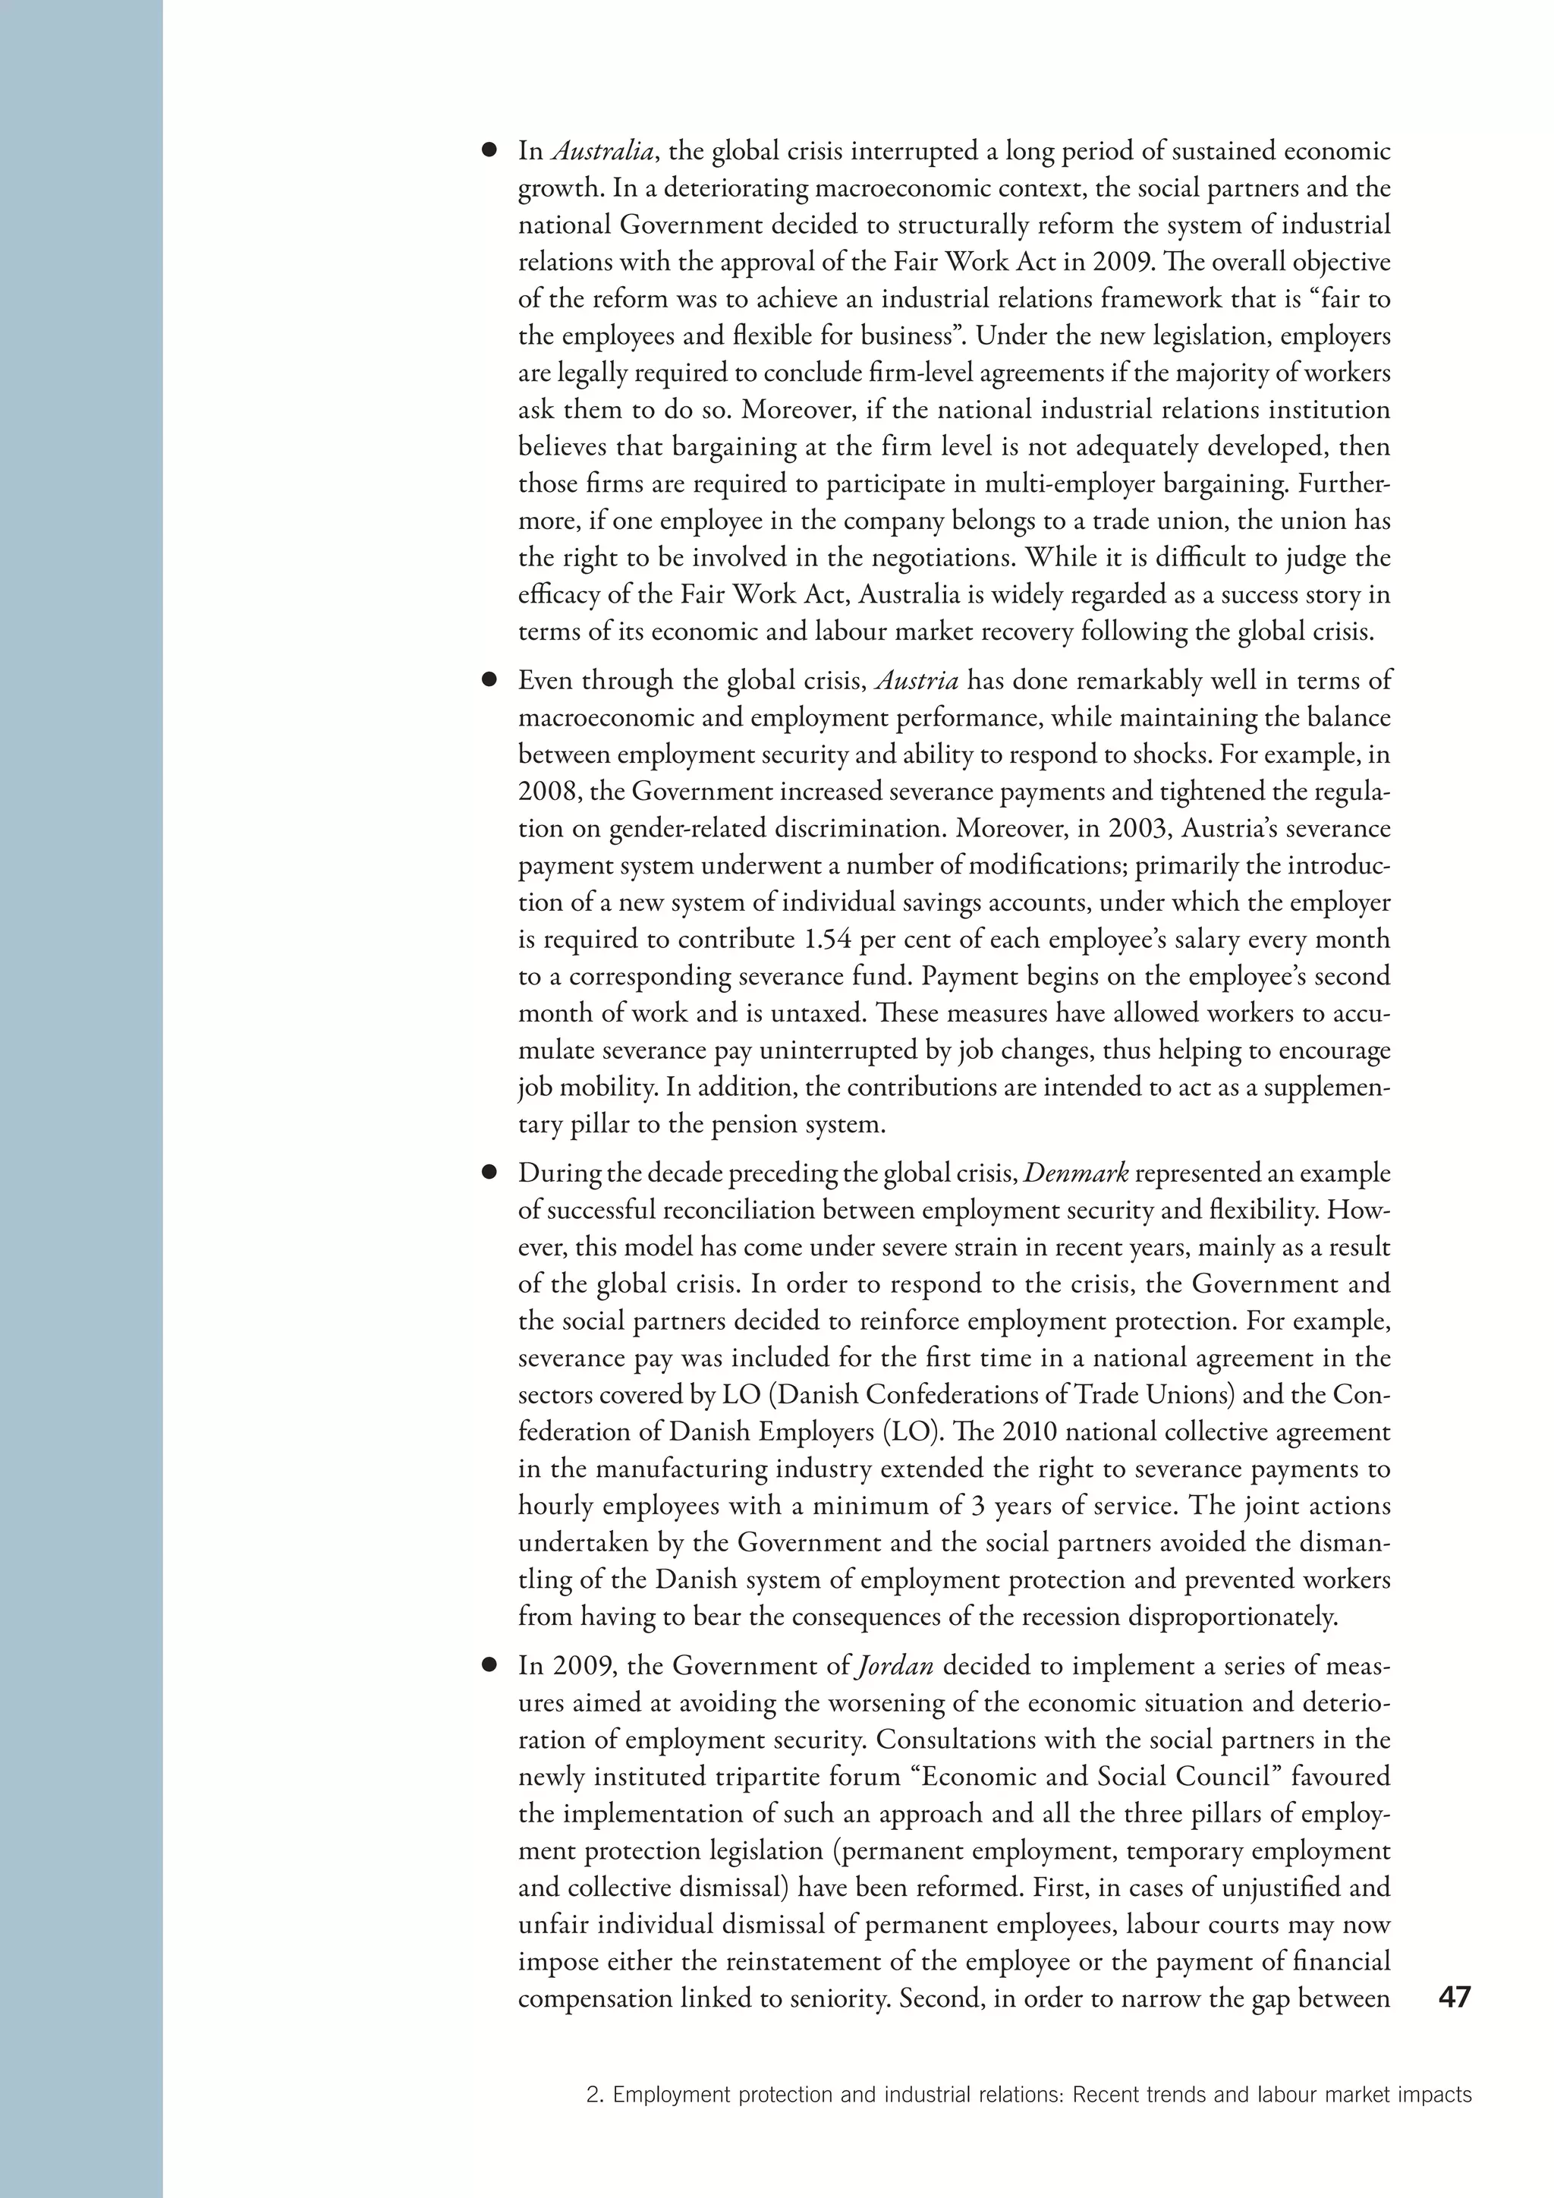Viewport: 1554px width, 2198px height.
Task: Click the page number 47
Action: coord(1454,1998)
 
